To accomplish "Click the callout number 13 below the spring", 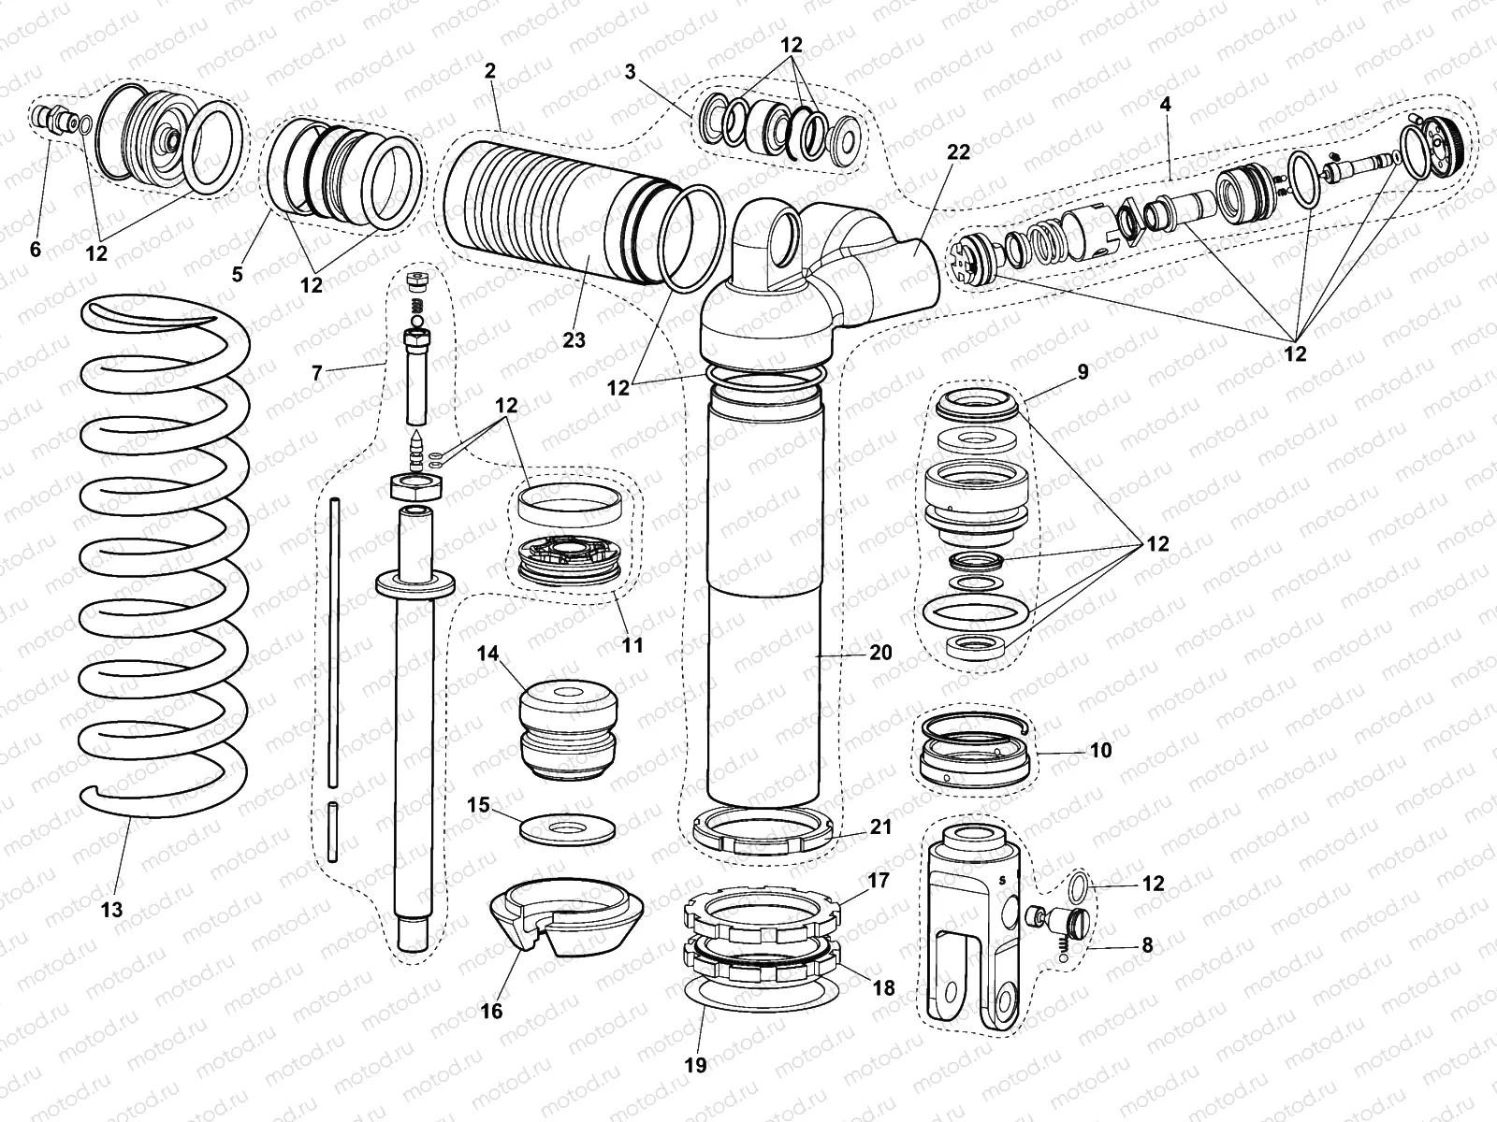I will (111, 909).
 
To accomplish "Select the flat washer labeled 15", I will (567, 828).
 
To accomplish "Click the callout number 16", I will (491, 1011).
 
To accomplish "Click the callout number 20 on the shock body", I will (880, 652).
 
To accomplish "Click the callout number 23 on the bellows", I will (574, 339).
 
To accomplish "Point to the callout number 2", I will (490, 70).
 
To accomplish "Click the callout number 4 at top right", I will (1165, 105).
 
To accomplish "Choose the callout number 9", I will (1083, 372).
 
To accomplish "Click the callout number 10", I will (1101, 750).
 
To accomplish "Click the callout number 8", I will (1148, 945).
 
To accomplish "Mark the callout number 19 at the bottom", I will (695, 1064).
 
